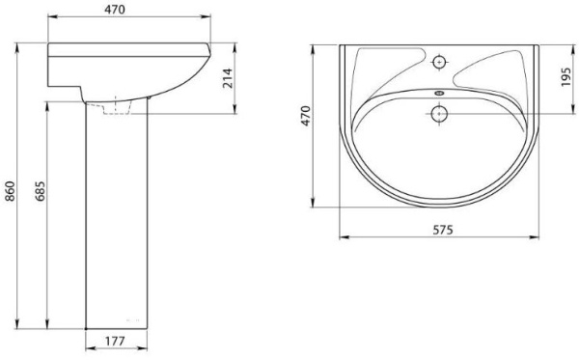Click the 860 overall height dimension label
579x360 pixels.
(x=10, y=191)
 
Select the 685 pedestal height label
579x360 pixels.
(x=40, y=191)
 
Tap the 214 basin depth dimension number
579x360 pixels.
(x=229, y=78)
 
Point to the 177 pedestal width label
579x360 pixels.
(x=115, y=342)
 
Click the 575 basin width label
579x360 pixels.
(x=443, y=230)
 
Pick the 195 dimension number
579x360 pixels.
(x=565, y=77)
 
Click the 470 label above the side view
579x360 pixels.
(x=115, y=10)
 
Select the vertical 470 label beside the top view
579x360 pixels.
(x=306, y=116)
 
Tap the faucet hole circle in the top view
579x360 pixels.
(x=439, y=62)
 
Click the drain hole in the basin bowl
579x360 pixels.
(x=439, y=113)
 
